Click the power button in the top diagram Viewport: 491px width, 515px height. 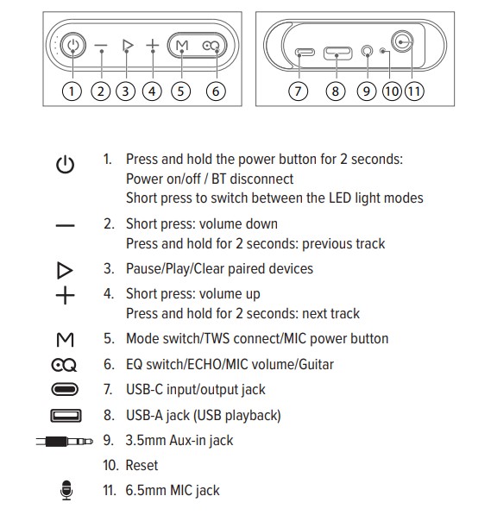click(x=73, y=45)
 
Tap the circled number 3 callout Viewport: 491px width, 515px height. click(x=125, y=91)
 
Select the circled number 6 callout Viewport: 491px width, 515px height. click(x=216, y=91)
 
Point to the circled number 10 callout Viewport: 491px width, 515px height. click(x=392, y=91)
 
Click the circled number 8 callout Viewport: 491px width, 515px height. click(x=335, y=91)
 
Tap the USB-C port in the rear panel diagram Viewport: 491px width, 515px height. click(x=305, y=53)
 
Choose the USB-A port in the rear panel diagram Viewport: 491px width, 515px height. click(x=337, y=53)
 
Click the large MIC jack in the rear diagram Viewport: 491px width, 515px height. click(x=402, y=41)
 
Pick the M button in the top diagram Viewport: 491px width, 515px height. click(x=182, y=46)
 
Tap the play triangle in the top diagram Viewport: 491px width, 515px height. click(x=127, y=45)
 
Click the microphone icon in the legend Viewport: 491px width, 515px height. click(x=66, y=490)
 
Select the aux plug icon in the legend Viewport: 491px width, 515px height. click(x=65, y=441)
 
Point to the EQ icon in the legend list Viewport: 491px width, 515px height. click(x=64, y=365)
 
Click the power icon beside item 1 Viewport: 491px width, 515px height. click(x=65, y=165)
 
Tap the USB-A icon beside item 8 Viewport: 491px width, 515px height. click(x=66, y=416)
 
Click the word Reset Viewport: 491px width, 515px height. click(x=142, y=466)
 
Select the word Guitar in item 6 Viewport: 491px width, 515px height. click(x=316, y=365)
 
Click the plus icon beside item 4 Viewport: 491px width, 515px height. click(x=65, y=295)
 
